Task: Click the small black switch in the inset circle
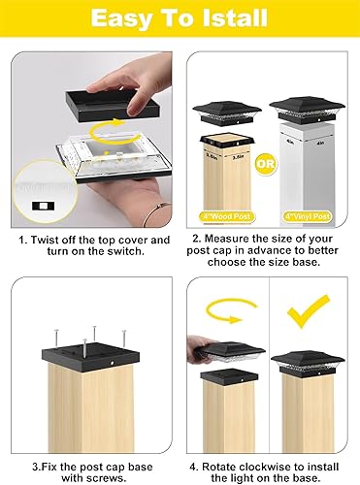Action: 43,208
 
